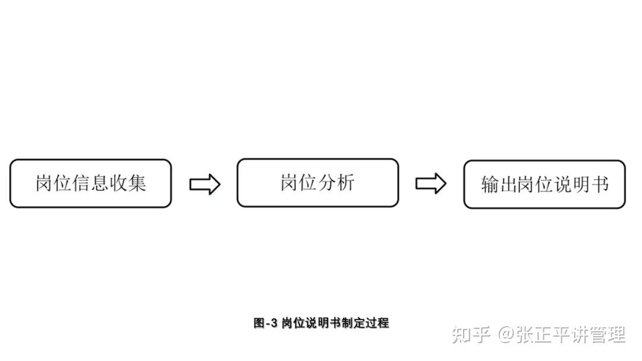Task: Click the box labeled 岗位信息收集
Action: point(90,183)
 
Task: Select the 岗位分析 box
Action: point(317,183)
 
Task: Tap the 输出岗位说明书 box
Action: point(545,185)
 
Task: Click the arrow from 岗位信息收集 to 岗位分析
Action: point(204,185)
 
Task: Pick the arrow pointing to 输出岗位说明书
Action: point(431,183)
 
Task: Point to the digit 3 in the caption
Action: point(274,323)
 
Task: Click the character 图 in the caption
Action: point(259,323)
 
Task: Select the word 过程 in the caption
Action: point(377,323)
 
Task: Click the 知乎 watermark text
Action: point(471,334)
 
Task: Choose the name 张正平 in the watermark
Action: point(542,334)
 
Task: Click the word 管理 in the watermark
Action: point(607,334)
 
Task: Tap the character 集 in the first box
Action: point(137,183)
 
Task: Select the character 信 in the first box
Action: point(81,183)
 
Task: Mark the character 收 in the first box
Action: point(118,183)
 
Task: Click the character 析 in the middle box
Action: point(345,182)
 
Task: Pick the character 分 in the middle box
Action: point(327,182)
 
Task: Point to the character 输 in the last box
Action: point(490,185)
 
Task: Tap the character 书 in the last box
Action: point(600,185)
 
